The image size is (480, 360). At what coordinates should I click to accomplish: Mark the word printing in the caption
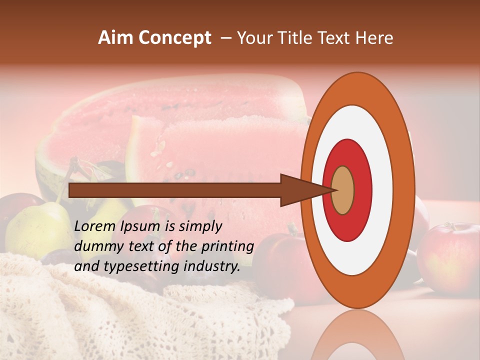click(x=228, y=247)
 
